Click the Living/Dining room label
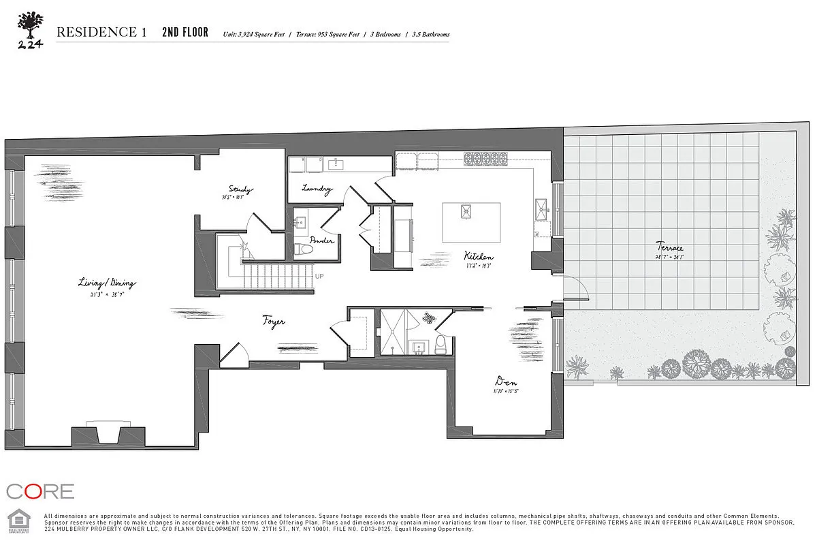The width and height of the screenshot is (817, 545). click(x=107, y=283)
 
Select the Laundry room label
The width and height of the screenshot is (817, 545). click(x=317, y=189)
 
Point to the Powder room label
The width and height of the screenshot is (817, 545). click(x=321, y=240)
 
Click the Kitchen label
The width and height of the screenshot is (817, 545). click(x=479, y=255)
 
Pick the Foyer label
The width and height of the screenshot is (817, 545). click(x=274, y=321)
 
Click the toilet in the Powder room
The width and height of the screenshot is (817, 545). click(x=305, y=249)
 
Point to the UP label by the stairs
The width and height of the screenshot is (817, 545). click(x=319, y=276)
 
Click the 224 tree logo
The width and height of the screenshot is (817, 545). click(x=29, y=29)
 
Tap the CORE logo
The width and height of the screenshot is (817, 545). click(x=39, y=491)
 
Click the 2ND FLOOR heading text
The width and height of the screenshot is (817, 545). click(x=185, y=32)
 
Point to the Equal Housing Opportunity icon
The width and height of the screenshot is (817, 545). click(x=16, y=519)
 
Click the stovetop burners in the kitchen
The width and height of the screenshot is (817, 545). click(x=482, y=159)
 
